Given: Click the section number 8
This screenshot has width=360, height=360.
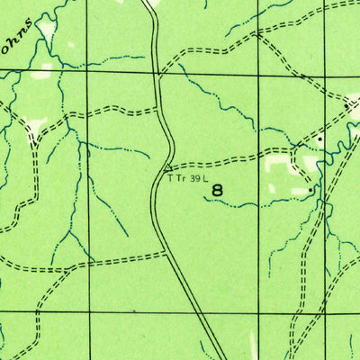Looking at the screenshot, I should [218, 190].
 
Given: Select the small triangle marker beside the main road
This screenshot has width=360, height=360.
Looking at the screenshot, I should [167, 166].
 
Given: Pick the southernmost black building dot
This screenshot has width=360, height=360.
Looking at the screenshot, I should [310, 190].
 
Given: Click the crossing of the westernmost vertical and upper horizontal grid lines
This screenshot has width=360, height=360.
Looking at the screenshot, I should [90, 72].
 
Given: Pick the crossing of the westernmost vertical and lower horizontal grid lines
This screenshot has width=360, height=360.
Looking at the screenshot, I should [90, 310].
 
